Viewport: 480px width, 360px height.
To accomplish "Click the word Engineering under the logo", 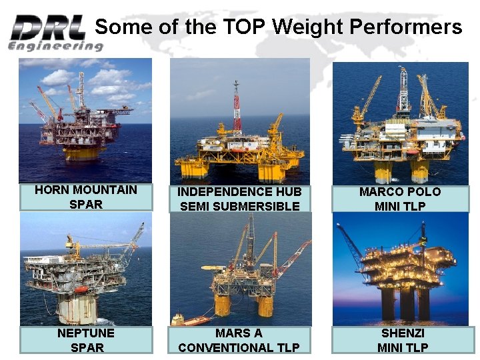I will click(55, 46).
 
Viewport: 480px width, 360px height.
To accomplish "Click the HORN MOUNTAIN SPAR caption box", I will click(86, 197).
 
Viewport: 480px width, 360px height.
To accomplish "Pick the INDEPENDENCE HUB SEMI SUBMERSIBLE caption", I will click(239, 199).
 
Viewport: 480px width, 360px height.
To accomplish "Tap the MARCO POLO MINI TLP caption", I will click(400, 199).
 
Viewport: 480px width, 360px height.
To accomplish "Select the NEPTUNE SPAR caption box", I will click(86, 339).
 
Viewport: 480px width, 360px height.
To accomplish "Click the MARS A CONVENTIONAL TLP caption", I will click(239, 340).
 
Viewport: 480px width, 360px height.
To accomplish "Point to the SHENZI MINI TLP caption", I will click(403, 340).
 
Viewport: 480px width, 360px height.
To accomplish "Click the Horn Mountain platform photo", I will click(85, 120).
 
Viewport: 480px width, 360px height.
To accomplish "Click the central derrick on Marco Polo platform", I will click(402, 90).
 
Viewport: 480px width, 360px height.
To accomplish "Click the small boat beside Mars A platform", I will click(178, 319).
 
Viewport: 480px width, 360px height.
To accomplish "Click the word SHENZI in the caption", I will click(403, 333).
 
